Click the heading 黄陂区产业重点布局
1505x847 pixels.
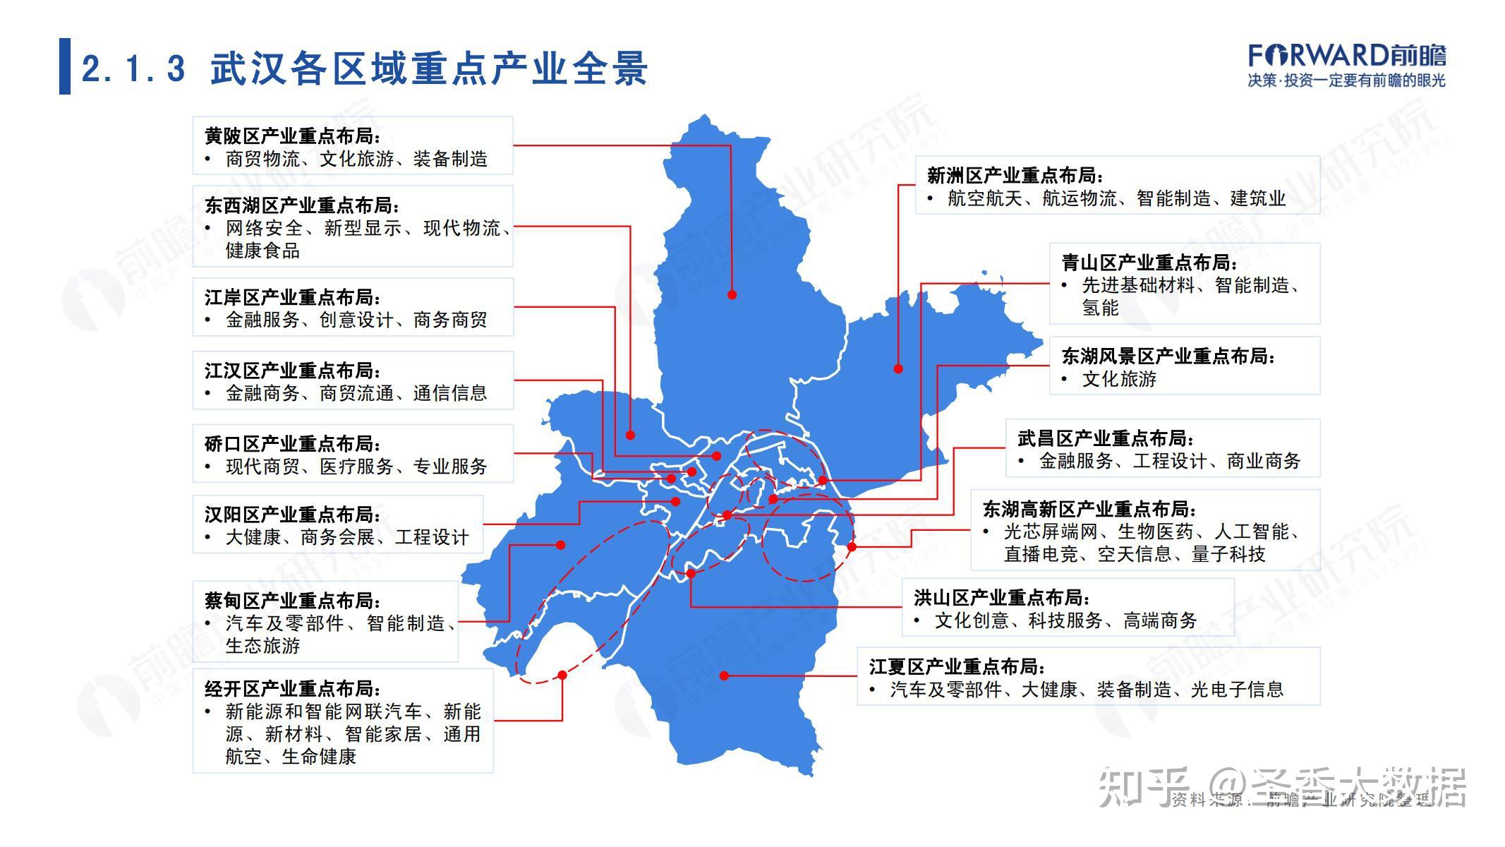pyautogui.click(x=293, y=136)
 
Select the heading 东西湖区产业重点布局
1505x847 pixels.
pyautogui.click(x=302, y=205)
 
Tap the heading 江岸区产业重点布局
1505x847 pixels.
pyautogui.click(x=293, y=297)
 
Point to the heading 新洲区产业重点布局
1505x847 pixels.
pyautogui.click(x=1015, y=175)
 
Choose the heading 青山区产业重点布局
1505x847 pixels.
pyautogui.click(x=1149, y=263)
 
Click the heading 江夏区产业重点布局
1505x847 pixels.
pyautogui.click(x=957, y=666)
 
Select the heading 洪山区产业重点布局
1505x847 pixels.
pyautogui.click(x=1002, y=598)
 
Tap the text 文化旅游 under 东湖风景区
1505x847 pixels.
pyautogui.click(x=1119, y=379)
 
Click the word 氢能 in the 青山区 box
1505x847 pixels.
pyautogui.click(x=1100, y=308)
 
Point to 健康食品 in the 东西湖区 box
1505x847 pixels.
pyautogui.click(x=262, y=251)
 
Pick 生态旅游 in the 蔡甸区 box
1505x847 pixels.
pyautogui.click(x=262, y=646)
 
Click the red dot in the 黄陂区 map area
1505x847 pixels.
pyautogui.click(x=732, y=294)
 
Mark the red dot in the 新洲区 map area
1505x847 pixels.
pyautogui.click(x=898, y=368)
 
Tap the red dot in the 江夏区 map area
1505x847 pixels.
pyautogui.click(x=724, y=675)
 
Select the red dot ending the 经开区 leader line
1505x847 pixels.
pyautogui.click(x=562, y=675)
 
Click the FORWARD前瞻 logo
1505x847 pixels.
pyautogui.click(x=1346, y=56)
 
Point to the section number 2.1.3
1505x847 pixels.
pyautogui.click(x=133, y=69)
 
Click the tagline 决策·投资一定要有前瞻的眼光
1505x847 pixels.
pyautogui.click(x=1346, y=80)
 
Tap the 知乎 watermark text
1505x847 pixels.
pyautogui.click(x=1143, y=787)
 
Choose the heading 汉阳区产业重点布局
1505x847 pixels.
pyautogui.click(x=293, y=515)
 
